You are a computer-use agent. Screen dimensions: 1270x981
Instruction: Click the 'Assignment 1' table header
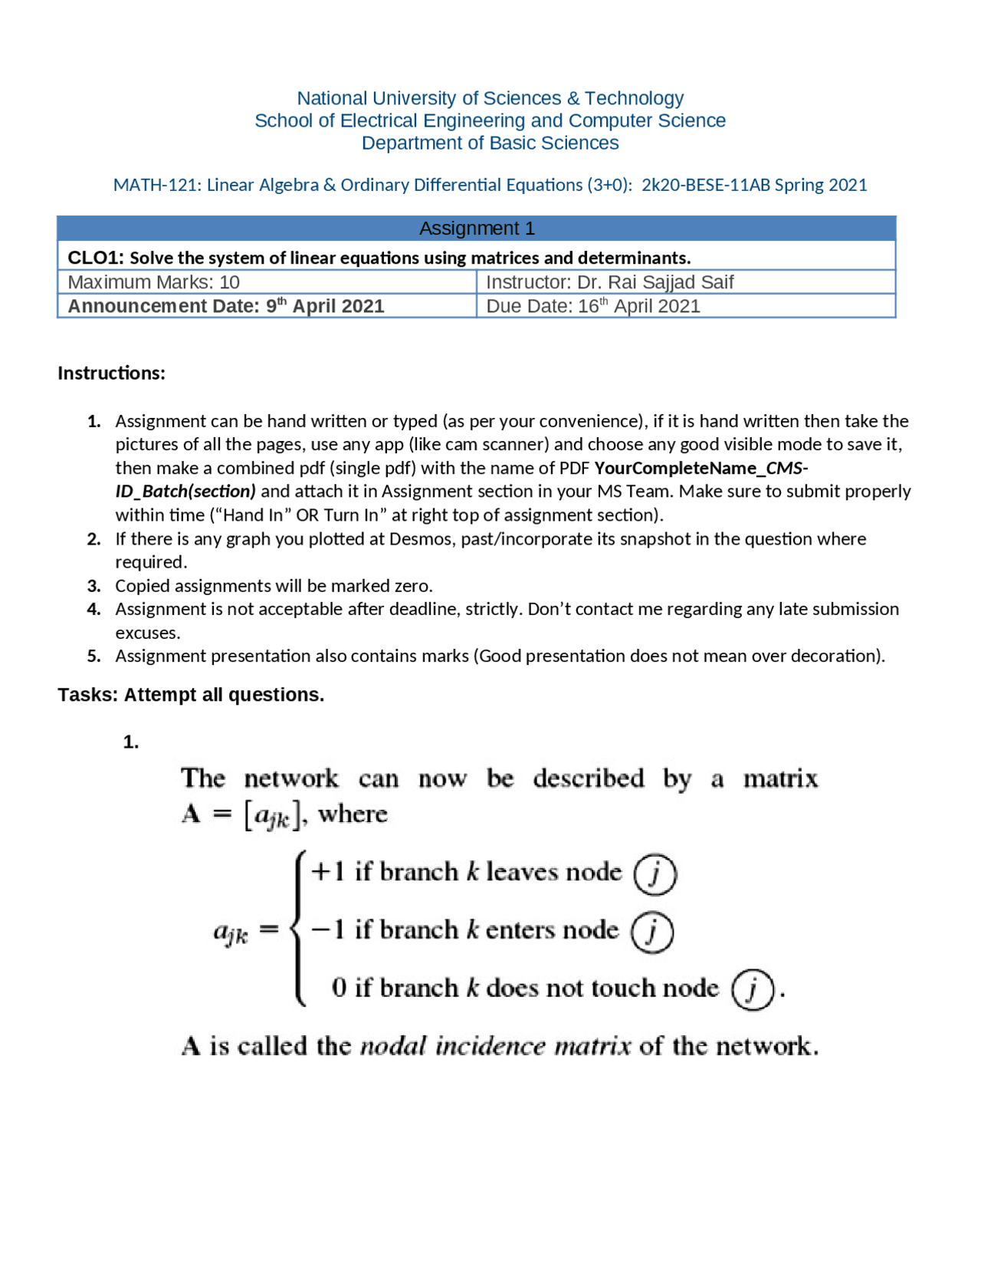pos(477,229)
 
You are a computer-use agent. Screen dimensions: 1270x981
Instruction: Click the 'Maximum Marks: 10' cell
pos(154,282)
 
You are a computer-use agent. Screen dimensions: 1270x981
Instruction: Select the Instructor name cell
pos(610,282)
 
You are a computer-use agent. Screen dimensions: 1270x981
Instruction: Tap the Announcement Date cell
pos(226,306)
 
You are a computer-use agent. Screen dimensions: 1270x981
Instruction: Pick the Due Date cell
pos(593,306)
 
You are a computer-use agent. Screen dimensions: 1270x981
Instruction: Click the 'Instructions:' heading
pos(111,373)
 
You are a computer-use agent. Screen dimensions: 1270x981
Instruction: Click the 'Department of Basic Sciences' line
pos(490,143)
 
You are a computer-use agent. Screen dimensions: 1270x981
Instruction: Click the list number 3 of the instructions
pos(94,586)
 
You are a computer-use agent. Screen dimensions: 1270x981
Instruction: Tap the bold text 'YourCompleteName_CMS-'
pos(701,468)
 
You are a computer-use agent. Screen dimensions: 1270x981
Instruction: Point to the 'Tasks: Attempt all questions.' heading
pos(191,695)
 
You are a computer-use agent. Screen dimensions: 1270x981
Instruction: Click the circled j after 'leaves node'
pos(655,874)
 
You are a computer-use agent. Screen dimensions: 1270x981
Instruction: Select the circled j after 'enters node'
pos(651,932)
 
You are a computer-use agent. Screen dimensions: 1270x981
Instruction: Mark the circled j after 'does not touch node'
pos(753,990)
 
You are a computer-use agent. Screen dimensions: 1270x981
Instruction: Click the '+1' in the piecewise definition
pos(327,872)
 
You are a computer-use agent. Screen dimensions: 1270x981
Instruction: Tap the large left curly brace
pos(298,929)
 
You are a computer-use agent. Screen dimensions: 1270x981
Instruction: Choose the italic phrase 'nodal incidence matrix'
pos(495,1047)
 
